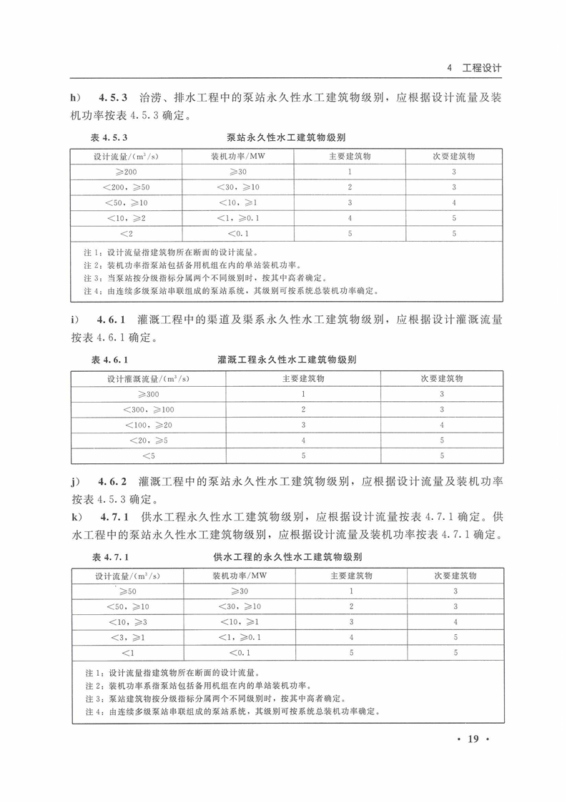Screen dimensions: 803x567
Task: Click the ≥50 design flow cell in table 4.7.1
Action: tap(127, 591)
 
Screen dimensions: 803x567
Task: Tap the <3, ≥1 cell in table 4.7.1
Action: tap(127, 637)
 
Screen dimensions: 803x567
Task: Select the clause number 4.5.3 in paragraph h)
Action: tap(113, 98)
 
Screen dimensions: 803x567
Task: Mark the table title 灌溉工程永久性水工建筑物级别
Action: tap(286, 360)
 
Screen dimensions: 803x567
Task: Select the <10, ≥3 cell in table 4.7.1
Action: tap(127, 621)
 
